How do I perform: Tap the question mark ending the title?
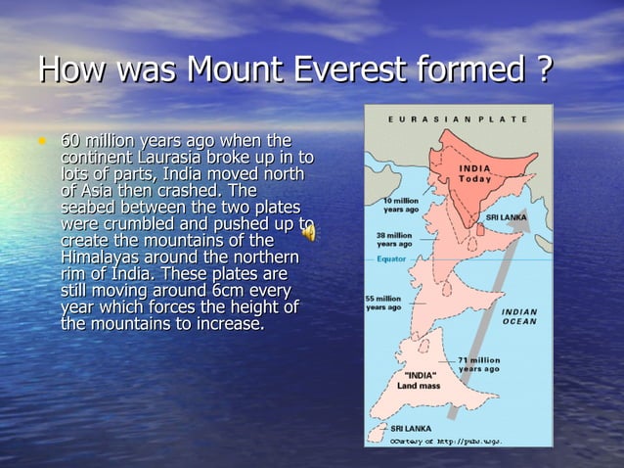click(x=544, y=70)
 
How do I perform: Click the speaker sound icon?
click(x=307, y=233)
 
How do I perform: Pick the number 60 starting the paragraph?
click(x=72, y=141)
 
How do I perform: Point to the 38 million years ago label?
click(x=394, y=240)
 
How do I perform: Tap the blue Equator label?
click(x=391, y=259)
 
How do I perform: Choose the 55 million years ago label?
click(x=382, y=303)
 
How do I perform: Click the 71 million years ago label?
click(x=479, y=364)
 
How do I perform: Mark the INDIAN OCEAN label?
click(x=519, y=317)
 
